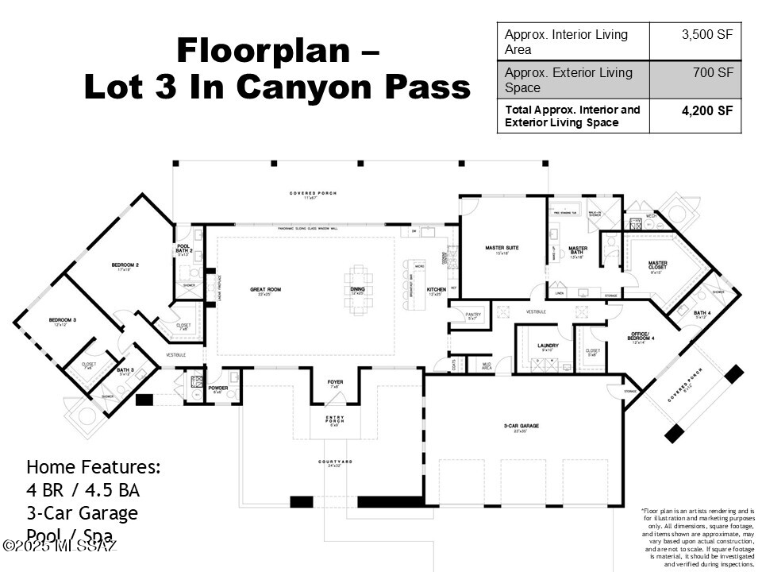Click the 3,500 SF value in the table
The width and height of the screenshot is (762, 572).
point(706,35)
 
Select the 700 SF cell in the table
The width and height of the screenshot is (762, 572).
point(713,73)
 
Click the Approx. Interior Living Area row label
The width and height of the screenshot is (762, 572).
point(566,42)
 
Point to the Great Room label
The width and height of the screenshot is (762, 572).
point(264,290)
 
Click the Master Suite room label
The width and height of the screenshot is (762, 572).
point(502,249)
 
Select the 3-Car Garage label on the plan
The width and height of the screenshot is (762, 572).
point(520,427)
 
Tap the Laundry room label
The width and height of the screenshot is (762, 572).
point(548,346)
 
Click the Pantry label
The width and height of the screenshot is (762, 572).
point(473,315)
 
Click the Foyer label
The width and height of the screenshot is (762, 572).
point(336,383)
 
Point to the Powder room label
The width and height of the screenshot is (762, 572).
point(219,388)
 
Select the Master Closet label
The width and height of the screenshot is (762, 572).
point(657,265)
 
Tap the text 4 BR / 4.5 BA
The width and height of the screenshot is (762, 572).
point(83,490)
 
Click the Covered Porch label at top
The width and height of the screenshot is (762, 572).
point(313,193)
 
